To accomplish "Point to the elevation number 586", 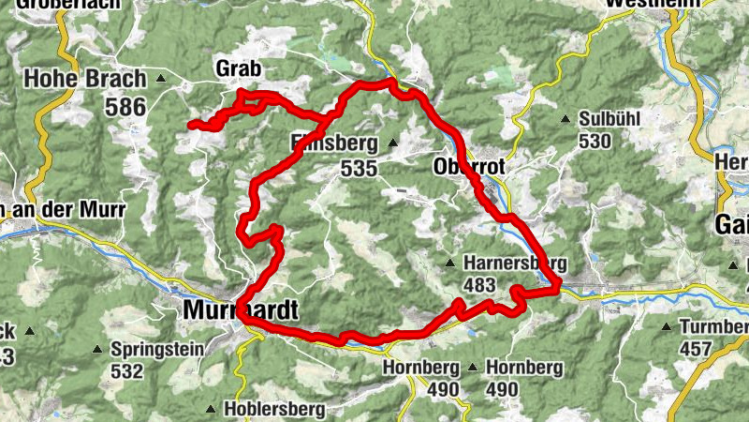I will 126,108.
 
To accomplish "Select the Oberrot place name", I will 470,167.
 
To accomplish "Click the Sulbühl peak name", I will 610,120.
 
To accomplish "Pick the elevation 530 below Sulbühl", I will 595,142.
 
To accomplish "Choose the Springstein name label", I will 153,348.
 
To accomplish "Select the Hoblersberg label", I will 274,409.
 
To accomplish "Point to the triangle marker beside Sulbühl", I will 565,119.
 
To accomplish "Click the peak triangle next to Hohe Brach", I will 162,79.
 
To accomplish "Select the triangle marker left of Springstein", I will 96,348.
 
